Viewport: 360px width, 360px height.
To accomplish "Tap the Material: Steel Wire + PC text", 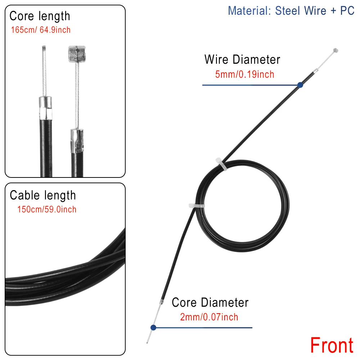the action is tap(291, 11).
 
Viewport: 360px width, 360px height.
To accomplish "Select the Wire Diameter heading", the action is tap(242, 59).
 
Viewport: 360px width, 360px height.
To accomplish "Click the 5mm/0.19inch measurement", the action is tap(244, 75).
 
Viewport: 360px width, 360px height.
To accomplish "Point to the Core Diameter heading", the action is tap(210, 302).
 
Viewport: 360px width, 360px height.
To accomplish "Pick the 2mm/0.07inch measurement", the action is tap(209, 317).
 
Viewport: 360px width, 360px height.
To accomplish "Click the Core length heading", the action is tap(40, 16).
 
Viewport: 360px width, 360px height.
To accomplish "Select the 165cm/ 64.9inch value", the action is tap(41, 30).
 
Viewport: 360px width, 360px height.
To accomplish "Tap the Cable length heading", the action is tap(43, 195).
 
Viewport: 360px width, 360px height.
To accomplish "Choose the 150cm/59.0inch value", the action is tap(46, 210).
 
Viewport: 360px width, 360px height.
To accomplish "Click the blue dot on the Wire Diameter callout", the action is tap(300, 85).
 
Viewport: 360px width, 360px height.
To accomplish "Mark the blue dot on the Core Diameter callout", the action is tap(153, 328).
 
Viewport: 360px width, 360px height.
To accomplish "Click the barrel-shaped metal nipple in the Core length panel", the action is tap(77, 54).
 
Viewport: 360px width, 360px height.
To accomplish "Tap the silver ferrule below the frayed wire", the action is tap(45, 108).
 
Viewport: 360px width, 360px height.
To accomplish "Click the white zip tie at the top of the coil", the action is tap(221, 164).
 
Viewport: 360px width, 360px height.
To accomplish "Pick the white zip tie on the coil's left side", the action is tap(197, 206).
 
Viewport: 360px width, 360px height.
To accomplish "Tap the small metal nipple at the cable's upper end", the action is tap(336, 50).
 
